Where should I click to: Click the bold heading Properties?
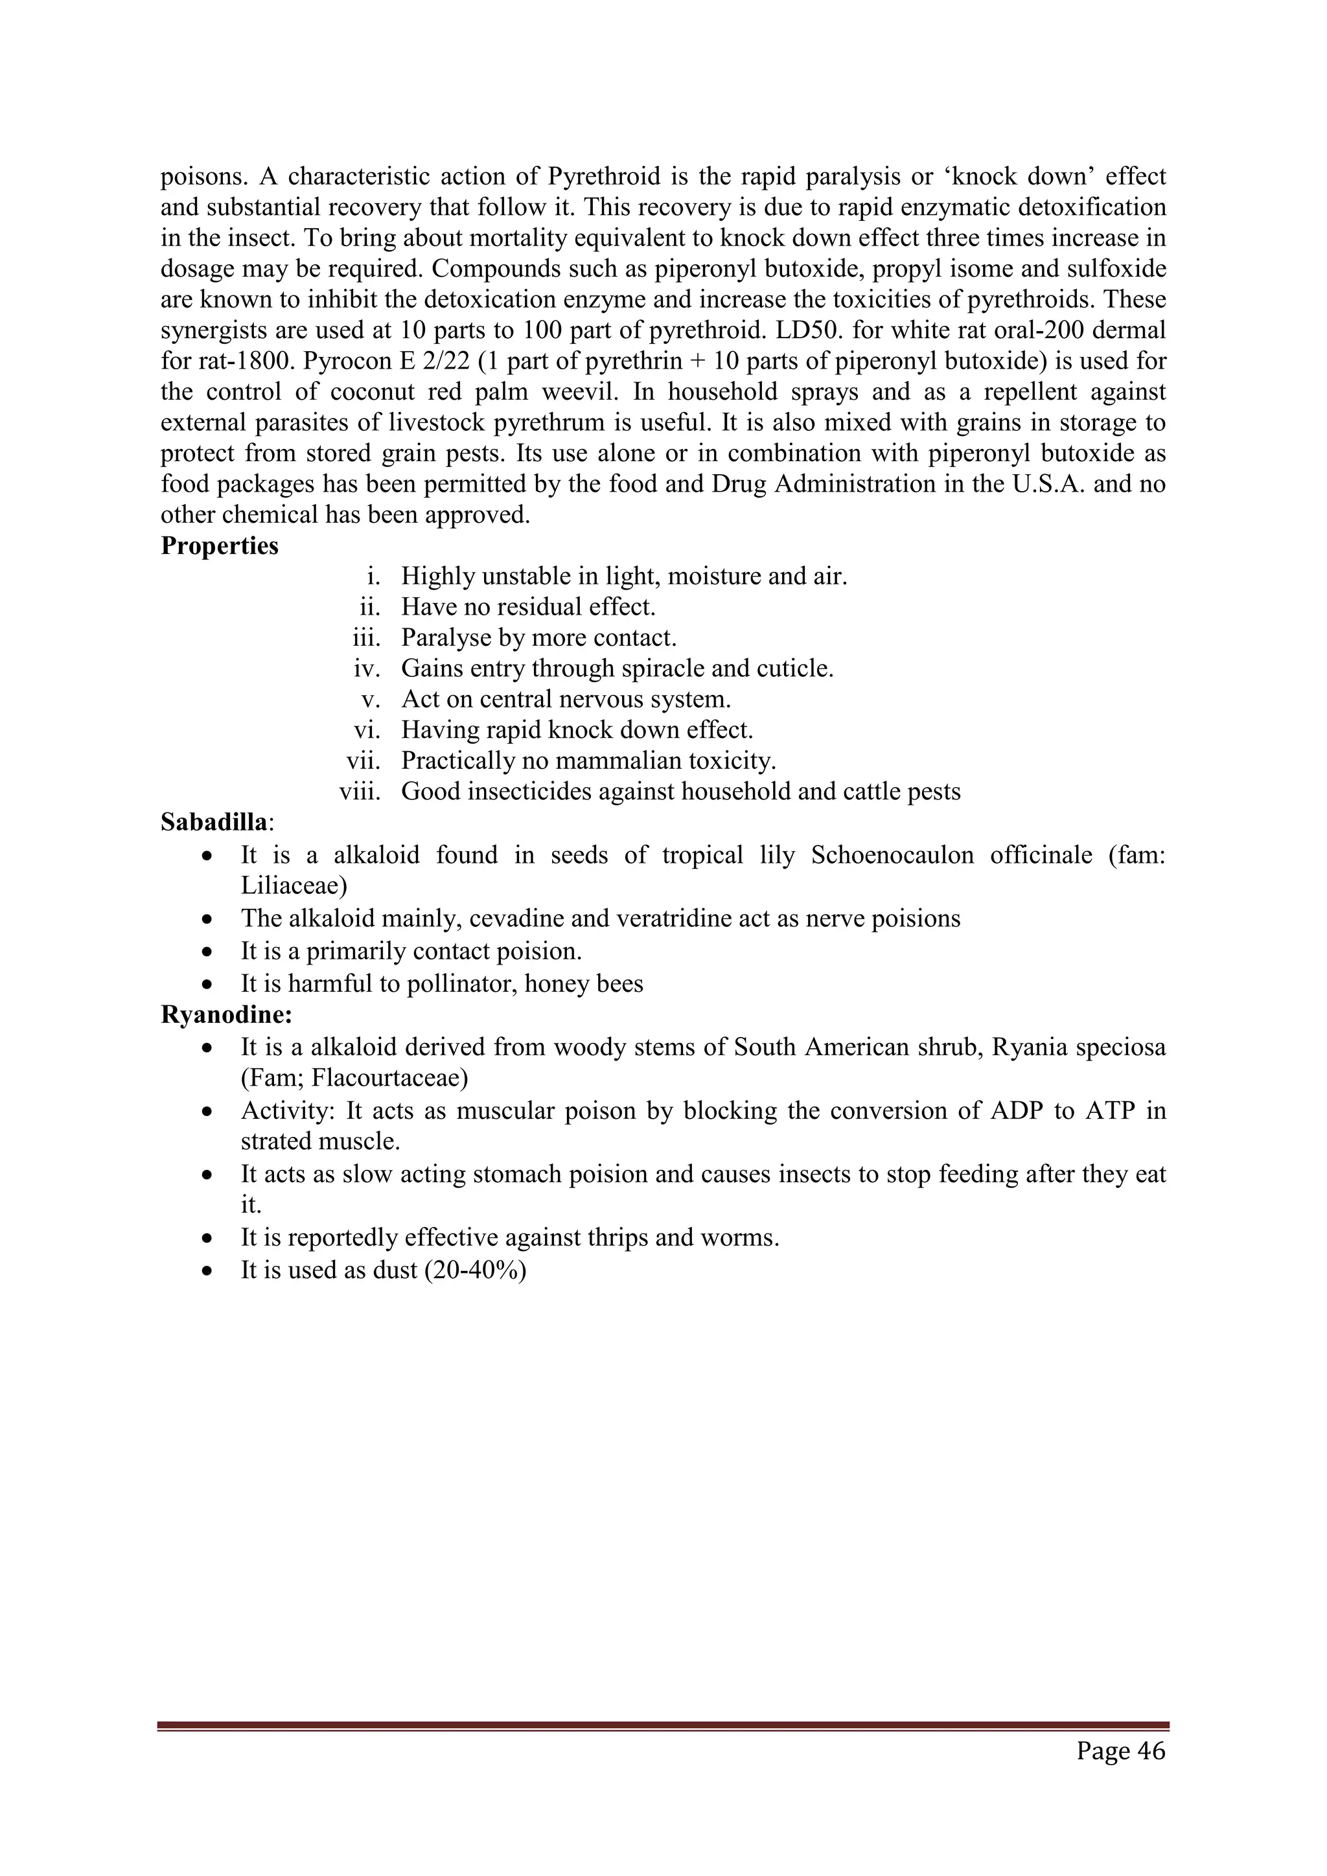pyautogui.click(x=219, y=546)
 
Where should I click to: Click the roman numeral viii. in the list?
pyautogui.click(x=360, y=792)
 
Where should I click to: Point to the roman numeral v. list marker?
pyautogui.click(x=371, y=700)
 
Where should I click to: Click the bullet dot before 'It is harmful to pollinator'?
pyautogui.click(x=209, y=984)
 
